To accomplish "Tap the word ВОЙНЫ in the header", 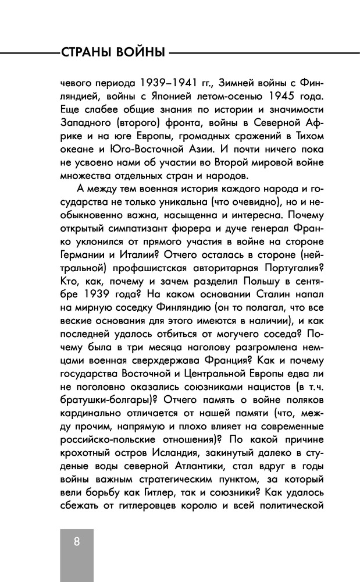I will (x=142, y=53).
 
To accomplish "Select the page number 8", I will (x=76, y=541).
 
